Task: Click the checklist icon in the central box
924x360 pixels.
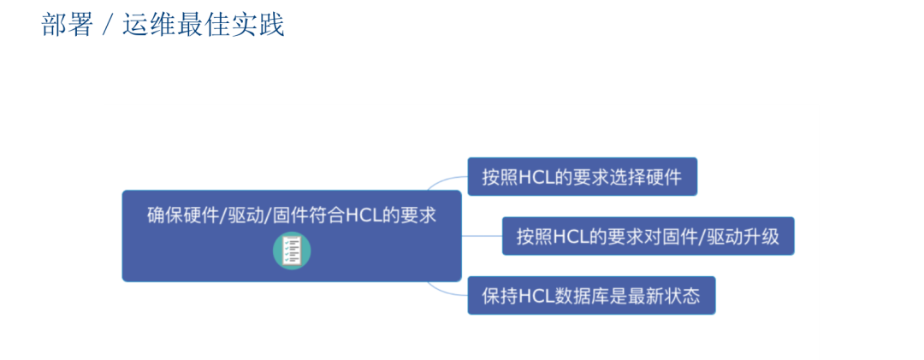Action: pyautogui.click(x=292, y=251)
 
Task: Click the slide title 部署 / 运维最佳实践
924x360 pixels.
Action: pyautogui.click(x=163, y=25)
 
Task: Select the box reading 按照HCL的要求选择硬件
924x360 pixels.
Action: pyautogui.click(x=582, y=177)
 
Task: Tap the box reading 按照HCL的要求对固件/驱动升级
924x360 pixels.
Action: pyautogui.click(x=648, y=236)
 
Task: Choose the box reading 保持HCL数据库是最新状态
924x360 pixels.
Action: pyautogui.click(x=590, y=296)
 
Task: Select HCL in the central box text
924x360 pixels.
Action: pyautogui.click(x=364, y=215)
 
